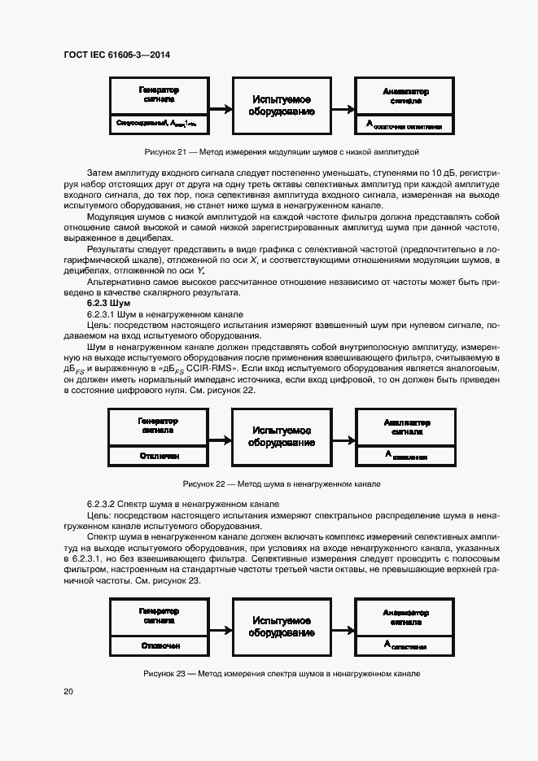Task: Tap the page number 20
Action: coord(68,691)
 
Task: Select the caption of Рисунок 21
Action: coord(281,152)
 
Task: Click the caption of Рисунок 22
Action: coord(282,483)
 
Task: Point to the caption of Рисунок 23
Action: coord(281,674)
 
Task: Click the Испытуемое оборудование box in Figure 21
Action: coord(282,106)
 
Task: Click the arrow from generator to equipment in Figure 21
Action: coord(221,107)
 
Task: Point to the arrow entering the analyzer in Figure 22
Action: coord(344,437)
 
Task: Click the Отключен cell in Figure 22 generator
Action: coord(159,457)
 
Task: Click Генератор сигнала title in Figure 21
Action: coord(158,94)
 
